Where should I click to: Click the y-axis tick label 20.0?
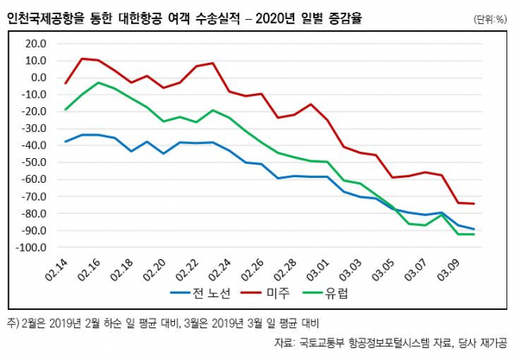point(37,43)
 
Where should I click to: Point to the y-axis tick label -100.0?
point(33,248)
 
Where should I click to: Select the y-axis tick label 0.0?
point(39,77)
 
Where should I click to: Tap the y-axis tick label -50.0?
point(35,162)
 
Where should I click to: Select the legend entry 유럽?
point(336,292)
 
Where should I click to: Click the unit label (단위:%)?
point(489,17)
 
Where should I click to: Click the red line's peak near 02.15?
point(82,59)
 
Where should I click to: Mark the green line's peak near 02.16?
point(98,83)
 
